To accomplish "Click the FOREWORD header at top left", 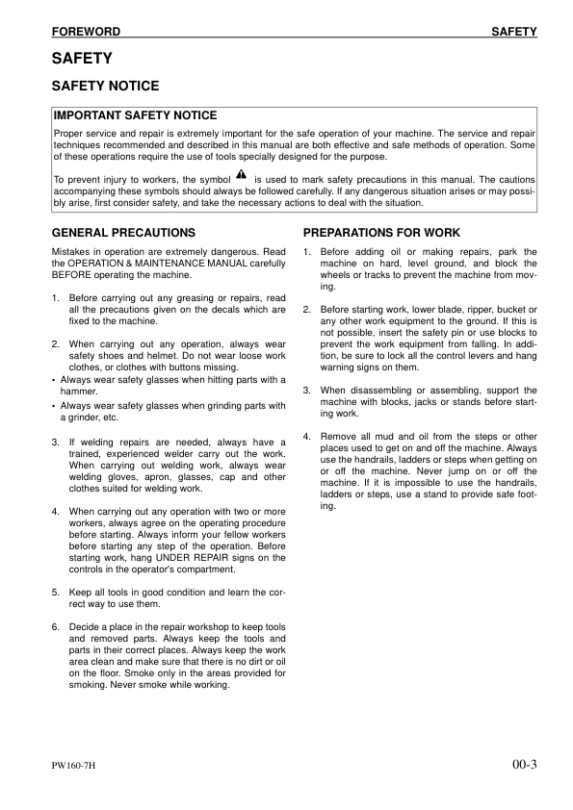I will click(86, 32).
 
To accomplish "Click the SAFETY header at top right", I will click(513, 32).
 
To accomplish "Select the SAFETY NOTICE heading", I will click(105, 87).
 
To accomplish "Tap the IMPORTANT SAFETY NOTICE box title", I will click(136, 116).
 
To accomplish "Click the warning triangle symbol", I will click(241, 176).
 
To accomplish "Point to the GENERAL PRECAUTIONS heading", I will click(122, 233).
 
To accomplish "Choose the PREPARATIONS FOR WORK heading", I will click(381, 233).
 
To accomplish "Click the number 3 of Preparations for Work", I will click(306, 391).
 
